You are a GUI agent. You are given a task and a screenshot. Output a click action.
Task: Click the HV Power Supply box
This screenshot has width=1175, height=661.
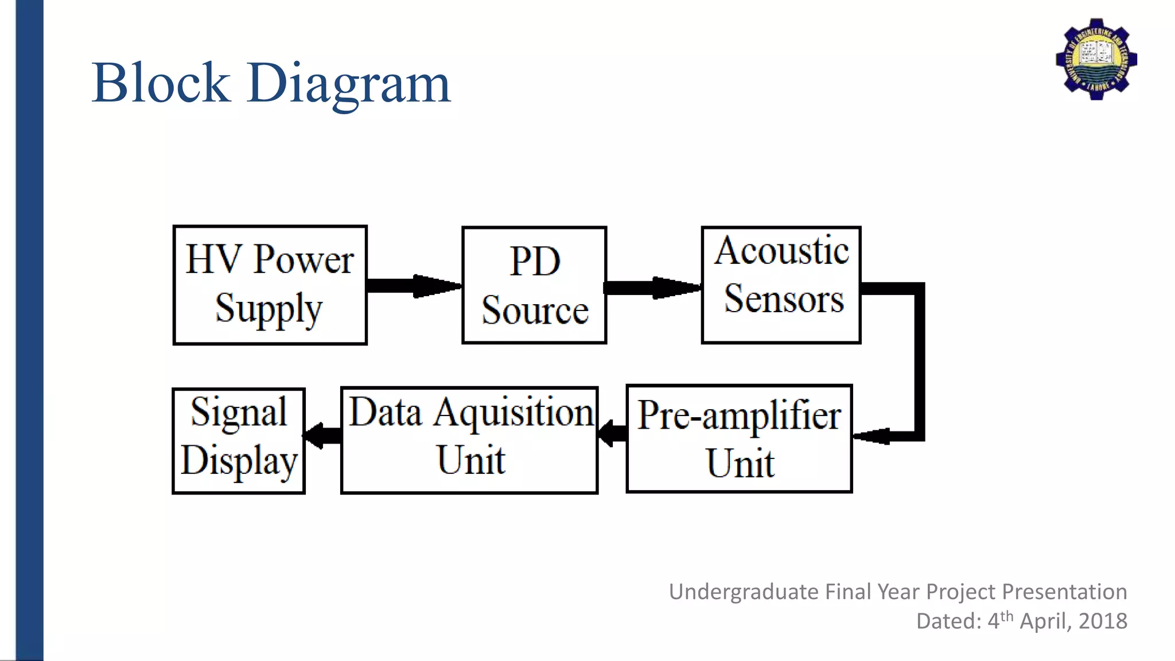(x=270, y=285)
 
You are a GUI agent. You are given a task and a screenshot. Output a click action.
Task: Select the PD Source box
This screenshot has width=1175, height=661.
(x=534, y=285)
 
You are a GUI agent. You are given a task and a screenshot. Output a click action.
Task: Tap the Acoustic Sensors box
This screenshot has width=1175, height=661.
(x=781, y=285)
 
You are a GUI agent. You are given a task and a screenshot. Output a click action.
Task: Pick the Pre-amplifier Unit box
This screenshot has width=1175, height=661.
(x=739, y=439)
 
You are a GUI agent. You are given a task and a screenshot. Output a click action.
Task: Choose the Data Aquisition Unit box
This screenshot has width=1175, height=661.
(x=469, y=440)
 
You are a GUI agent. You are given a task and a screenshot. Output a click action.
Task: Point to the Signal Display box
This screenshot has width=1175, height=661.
(x=238, y=441)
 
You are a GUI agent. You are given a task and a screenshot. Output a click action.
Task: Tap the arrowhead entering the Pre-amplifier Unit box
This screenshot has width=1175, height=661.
(x=872, y=436)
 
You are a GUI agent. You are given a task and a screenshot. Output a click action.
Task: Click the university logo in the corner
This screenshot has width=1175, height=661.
(x=1096, y=59)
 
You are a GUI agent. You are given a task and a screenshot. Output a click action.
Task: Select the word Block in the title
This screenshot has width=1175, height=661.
(x=161, y=83)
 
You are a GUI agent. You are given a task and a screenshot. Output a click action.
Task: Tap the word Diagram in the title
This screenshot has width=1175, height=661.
(x=349, y=84)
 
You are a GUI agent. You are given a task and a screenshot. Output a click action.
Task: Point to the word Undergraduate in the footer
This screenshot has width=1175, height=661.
(x=744, y=592)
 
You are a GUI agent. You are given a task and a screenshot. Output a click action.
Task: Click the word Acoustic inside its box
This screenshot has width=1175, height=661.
(x=781, y=251)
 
